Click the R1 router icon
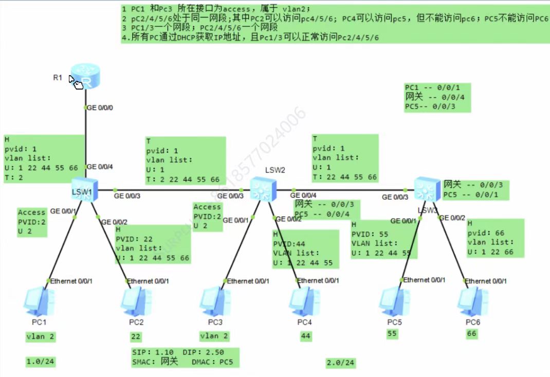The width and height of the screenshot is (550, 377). [x=85, y=76]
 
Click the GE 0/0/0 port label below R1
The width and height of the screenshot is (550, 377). [x=101, y=108]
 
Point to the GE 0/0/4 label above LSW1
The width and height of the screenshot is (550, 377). [x=101, y=167]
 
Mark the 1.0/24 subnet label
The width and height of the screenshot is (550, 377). [x=41, y=362]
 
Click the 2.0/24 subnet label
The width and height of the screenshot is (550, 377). [x=340, y=363]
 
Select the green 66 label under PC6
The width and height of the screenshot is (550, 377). [x=471, y=334]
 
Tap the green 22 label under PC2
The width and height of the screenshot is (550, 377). [x=136, y=337]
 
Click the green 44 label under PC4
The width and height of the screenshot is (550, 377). [x=306, y=337]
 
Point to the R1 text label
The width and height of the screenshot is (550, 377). [x=58, y=78]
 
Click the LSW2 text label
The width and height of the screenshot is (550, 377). [x=275, y=170]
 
